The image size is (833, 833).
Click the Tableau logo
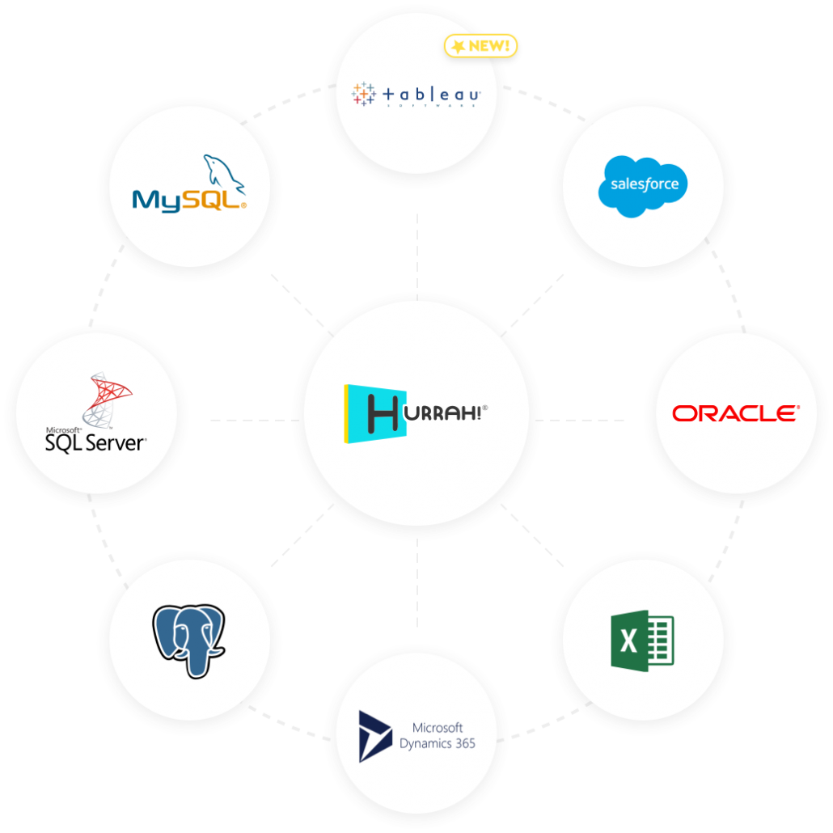pos(417,95)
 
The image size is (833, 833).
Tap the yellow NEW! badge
pos(481,46)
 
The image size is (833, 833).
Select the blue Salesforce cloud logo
pos(644,185)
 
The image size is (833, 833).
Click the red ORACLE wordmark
pos(735,413)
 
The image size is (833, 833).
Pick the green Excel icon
pos(642,641)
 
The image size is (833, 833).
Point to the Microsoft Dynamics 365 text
pos(438,736)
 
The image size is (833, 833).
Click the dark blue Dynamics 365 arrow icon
pos(375,736)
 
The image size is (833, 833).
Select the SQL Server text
pos(95,442)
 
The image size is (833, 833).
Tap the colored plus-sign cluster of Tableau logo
pos(363,94)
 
